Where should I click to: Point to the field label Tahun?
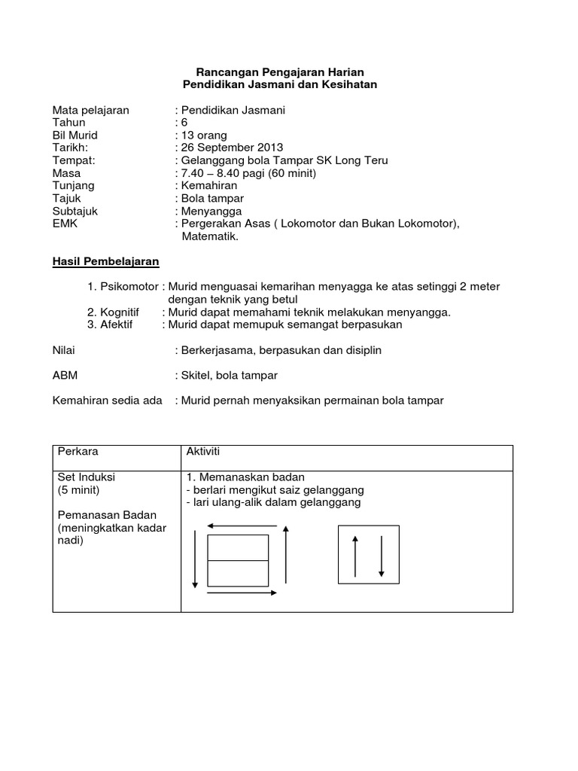(x=68, y=122)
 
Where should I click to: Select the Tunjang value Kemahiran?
(x=208, y=185)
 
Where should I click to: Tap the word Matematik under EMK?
(x=209, y=236)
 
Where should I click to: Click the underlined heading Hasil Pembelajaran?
(x=105, y=261)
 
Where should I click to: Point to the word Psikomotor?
(x=129, y=287)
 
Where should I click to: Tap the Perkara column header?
(x=78, y=451)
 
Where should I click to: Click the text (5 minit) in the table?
(x=81, y=489)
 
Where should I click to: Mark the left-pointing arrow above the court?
(x=238, y=526)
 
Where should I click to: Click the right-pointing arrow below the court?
(x=239, y=593)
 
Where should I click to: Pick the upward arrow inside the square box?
(x=355, y=556)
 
